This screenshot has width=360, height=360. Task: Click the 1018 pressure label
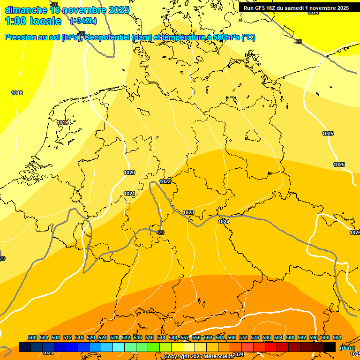[17, 93]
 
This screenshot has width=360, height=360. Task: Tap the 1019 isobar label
[62, 122]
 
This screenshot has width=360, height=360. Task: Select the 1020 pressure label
[129, 172]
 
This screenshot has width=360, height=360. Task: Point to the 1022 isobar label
[165, 181]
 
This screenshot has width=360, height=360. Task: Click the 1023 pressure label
[188, 212]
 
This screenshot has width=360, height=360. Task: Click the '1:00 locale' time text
[33, 21]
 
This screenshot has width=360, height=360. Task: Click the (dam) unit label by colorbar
[347, 348]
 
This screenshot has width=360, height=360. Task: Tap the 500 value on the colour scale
[32, 338]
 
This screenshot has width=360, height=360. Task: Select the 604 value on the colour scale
[337, 338]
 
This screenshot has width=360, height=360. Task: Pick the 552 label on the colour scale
[185, 338]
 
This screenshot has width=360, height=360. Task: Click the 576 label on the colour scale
[255, 338]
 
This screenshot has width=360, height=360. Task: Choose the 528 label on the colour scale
[114, 338]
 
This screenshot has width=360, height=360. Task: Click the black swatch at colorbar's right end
[330, 347]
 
